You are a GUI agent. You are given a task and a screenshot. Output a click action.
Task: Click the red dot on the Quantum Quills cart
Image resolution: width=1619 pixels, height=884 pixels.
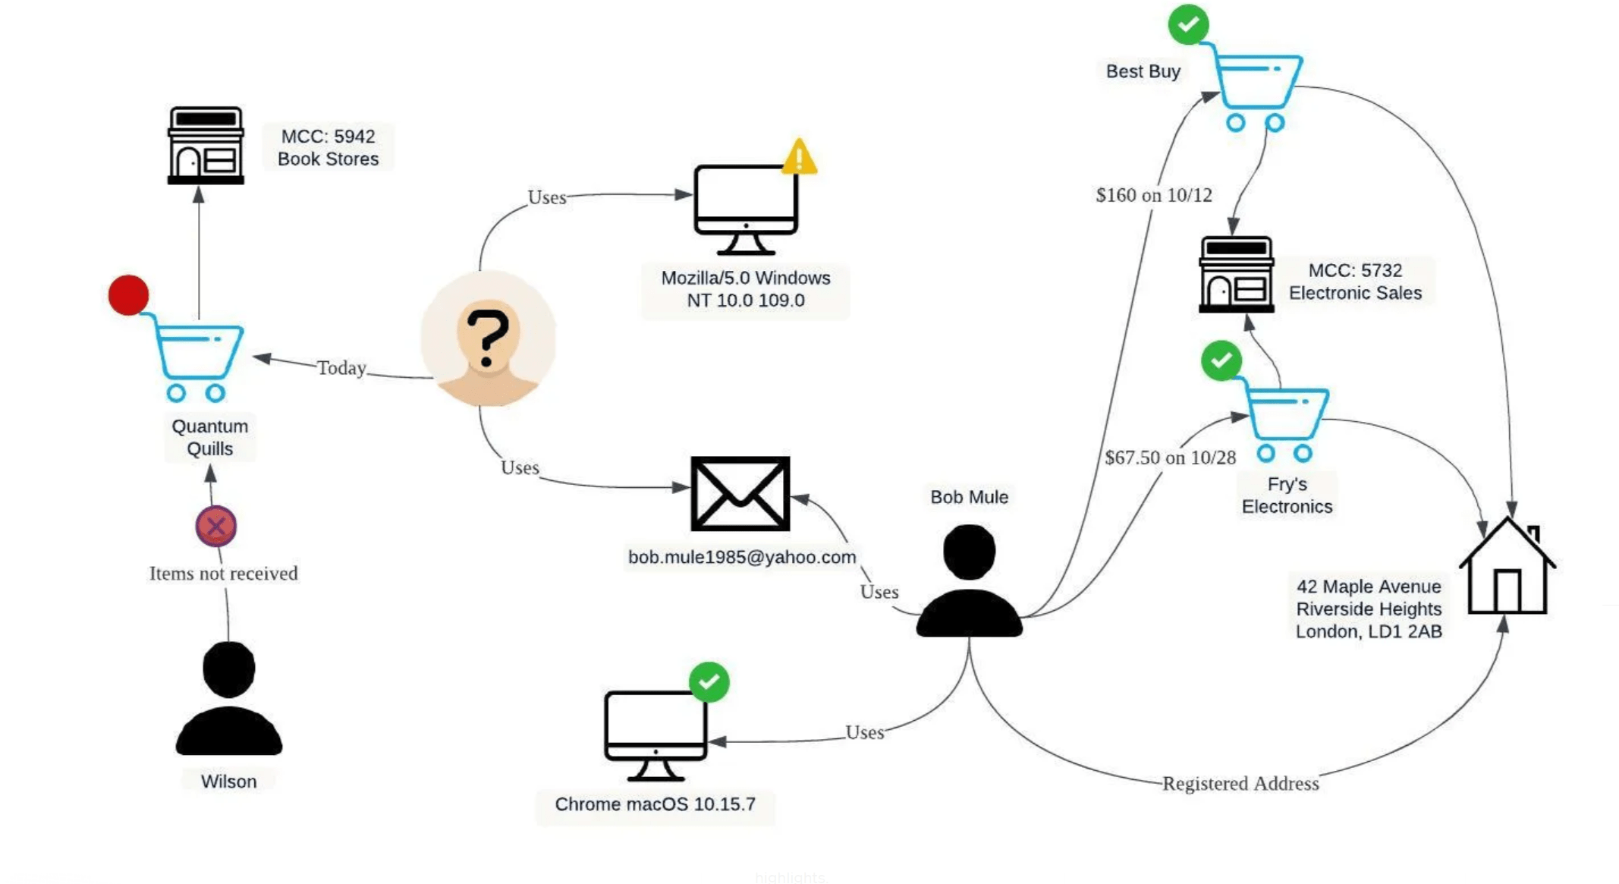point(128,295)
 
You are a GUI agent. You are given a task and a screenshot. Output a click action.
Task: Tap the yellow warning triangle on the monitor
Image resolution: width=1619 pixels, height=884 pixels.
point(799,158)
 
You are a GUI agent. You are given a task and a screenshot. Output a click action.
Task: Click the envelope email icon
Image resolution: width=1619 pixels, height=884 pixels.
point(740,493)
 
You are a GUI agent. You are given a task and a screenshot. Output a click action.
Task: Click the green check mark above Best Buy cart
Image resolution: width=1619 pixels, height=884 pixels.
point(1188,24)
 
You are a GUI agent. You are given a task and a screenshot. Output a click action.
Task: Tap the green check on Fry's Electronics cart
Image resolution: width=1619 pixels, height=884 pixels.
point(1221,360)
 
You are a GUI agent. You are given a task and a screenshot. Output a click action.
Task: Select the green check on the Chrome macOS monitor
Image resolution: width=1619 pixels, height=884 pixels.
point(709,682)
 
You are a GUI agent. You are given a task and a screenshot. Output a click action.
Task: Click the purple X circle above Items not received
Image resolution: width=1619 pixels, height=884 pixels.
point(216,526)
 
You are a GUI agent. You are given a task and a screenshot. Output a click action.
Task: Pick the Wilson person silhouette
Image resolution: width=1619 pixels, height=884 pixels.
point(228,698)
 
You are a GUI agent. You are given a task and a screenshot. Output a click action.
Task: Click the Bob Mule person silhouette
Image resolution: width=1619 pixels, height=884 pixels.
point(969,581)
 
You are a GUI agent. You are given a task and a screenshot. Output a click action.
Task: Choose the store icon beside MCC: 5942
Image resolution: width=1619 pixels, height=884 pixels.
point(206,146)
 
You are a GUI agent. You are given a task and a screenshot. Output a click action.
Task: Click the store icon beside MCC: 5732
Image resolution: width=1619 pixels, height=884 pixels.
point(1236,274)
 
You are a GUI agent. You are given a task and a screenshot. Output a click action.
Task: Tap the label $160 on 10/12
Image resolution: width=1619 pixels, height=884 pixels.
point(1153,195)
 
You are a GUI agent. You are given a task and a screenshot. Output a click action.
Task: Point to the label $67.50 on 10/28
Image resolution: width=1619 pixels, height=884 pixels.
point(1170,458)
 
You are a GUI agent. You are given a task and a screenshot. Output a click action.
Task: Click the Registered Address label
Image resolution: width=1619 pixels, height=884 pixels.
point(1240,783)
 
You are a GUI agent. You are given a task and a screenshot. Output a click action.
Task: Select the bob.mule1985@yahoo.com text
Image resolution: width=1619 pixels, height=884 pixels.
point(741,557)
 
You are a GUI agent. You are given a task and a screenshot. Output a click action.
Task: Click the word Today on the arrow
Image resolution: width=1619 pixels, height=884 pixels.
point(341,368)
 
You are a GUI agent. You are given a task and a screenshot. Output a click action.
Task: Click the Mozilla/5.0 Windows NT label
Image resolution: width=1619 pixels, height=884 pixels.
point(745,289)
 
